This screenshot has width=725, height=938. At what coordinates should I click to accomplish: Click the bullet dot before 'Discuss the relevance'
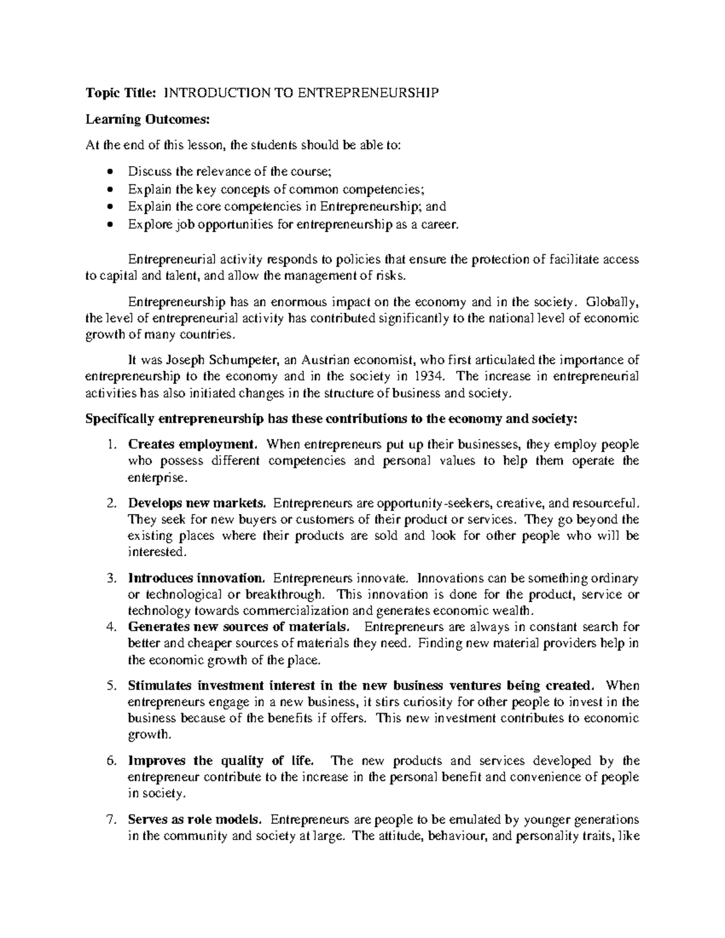[109, 172]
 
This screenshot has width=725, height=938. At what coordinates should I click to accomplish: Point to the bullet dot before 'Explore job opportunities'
[109, 225]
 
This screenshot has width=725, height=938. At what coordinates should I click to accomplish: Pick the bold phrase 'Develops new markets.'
[196, 503]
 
